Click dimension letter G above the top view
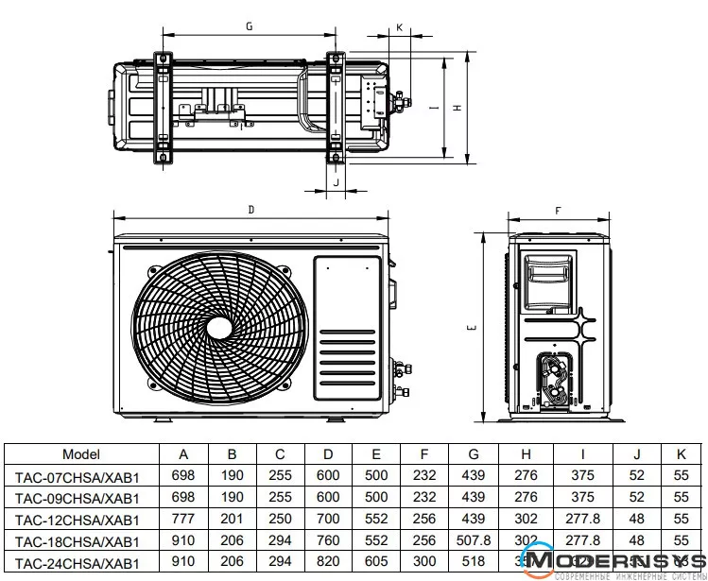pyautogui.click(x=249, y=26)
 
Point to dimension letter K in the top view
pyautogui.click(x=400, y=27)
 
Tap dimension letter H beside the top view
pyautogui.click(x=457, y=108)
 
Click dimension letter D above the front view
pyautogui.click(x=251, y=209)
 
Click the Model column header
pyautogui.click(x=80, y=453)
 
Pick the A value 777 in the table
pyautogui.click(x=183, y=520)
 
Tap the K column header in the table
pyautogui.click(x=682, y=453)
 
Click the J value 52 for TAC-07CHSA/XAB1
pyautogui.click(x=637, y=476)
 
